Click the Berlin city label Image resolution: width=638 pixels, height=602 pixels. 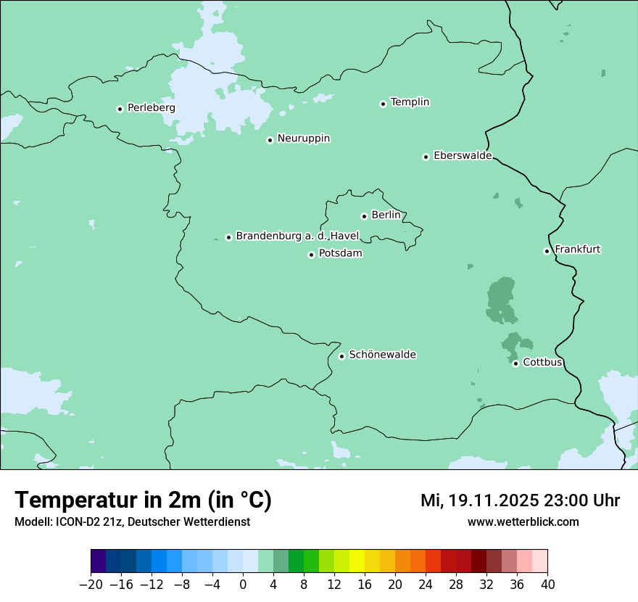coord(386,215)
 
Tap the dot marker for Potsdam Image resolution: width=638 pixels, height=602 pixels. coord(311,255)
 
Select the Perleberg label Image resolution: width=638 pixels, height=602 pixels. coord(151,108)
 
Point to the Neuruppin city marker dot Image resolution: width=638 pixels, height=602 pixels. coord(270,140)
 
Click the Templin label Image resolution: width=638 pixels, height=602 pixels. coord(410,102)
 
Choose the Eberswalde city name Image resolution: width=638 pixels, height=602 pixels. coord(463,156)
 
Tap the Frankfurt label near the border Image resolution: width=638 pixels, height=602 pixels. coord(577,250)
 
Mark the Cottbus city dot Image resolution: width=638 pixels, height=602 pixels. coord(515,363)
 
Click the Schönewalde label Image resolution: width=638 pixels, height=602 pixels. coord(382,355)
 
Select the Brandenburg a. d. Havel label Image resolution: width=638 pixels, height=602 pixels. coord(297,236)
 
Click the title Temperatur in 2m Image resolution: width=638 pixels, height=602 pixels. coord(143,500)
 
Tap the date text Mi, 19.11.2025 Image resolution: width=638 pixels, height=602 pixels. coord(478,500)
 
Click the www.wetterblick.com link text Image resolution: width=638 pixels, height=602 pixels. coord(523,522)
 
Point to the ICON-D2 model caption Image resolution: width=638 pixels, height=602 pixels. coord(132,522)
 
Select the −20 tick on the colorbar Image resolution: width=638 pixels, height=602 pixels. coord(91,585)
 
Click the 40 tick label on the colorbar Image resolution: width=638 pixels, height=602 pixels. coord(547,585)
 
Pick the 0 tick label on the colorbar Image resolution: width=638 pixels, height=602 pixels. coord(243,585)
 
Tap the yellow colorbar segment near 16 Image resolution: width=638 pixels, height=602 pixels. coord(357,561)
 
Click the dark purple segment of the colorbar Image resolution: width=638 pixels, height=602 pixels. coord(99,561)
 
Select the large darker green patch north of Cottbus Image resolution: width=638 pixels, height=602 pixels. coord(501,300)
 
